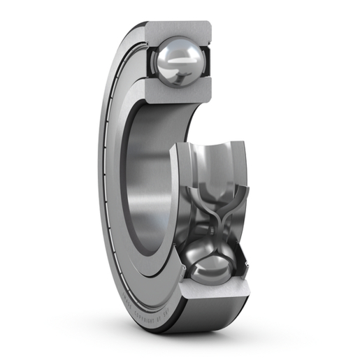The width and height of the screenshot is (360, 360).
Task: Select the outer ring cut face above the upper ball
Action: tap(178, 28)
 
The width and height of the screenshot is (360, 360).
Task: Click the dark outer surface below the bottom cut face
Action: tap(210, 318)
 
